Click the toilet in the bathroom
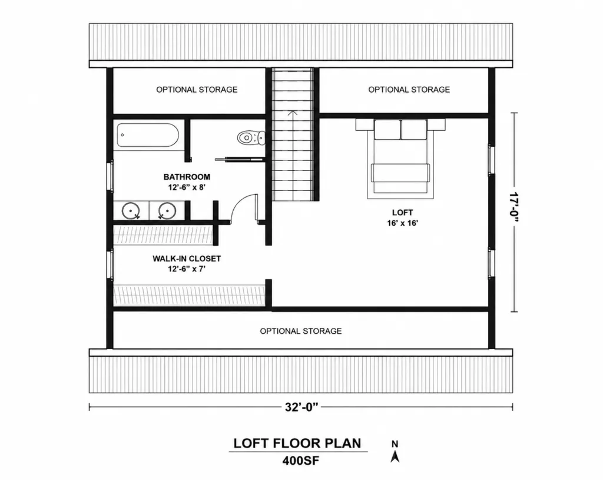[x=251, y=137]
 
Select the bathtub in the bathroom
[x=148, y=135]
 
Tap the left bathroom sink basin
[x=131, y=211]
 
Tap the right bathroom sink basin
[x=167, y=211]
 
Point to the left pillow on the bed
[x=387, y=130]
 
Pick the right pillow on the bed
[x=414, y=130]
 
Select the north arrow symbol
[x=395, y=456]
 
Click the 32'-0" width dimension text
[x=301, y=407]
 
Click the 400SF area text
[x=301, y=461]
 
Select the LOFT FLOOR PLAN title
[x=297, y=443]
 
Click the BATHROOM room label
[x=187, y=177]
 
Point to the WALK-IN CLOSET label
[x=187, y=258]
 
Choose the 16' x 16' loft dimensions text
[x=403, y=223]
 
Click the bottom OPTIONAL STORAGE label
[x=301, y=331]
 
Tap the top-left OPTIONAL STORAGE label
[x=197, y=90]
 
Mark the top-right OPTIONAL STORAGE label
[x=409, y=90]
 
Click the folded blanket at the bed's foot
[x=400, y=173]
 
